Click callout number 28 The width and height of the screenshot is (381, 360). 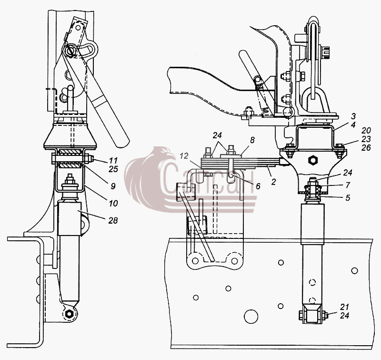tap(113, 220)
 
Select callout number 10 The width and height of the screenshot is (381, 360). tap(113, 203)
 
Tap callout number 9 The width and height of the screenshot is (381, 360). tap(113, 186)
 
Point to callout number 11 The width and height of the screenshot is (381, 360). tap(113, 161)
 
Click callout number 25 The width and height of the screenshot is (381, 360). tap(113, 169)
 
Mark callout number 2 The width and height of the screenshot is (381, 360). tap(273, 182)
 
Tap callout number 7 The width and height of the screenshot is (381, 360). tap(348, 185)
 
